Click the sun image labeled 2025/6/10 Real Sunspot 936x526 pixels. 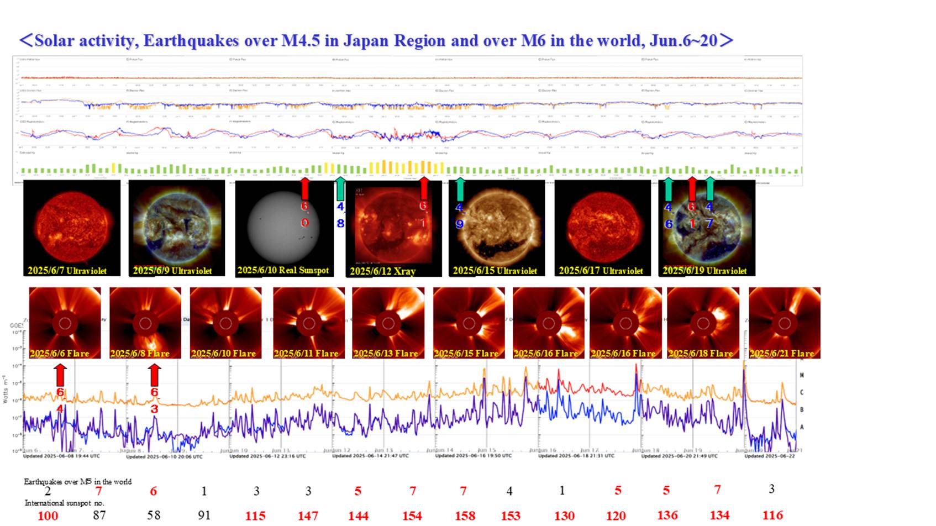283,228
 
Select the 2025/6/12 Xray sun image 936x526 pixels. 393,228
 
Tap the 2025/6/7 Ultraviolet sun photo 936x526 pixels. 72,228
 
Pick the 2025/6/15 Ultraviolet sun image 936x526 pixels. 496,228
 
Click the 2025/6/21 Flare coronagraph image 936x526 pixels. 784,323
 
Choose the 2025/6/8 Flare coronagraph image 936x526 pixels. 145,323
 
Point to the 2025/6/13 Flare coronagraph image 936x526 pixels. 388,323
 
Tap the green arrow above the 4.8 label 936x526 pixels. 340,188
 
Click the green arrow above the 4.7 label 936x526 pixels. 711,188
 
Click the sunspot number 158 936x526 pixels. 465,516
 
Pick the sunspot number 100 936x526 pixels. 48,516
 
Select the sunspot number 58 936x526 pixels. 154,515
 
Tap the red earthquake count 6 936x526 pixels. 154,491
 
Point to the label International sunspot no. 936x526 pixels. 64,503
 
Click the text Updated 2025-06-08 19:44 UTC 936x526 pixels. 61,456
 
